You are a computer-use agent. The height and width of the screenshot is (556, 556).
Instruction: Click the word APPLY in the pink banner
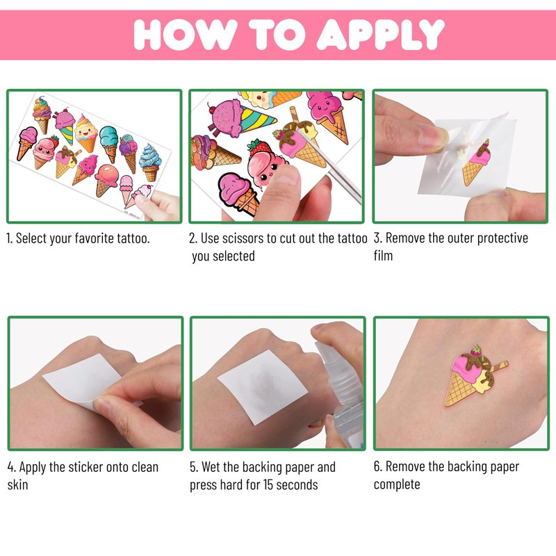click(380, 34)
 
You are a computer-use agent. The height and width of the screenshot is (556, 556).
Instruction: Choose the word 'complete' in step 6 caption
click(397, 484)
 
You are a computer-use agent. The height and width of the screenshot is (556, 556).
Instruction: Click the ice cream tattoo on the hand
click(475, 376)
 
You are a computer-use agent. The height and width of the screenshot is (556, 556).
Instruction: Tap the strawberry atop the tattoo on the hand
click(475, 350)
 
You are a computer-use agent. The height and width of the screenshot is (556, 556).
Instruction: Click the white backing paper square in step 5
click(263, 387)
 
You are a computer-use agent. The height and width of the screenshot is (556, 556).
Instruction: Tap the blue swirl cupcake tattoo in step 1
click(150, 163)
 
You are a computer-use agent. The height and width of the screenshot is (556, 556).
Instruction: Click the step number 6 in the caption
click(377, 466)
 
